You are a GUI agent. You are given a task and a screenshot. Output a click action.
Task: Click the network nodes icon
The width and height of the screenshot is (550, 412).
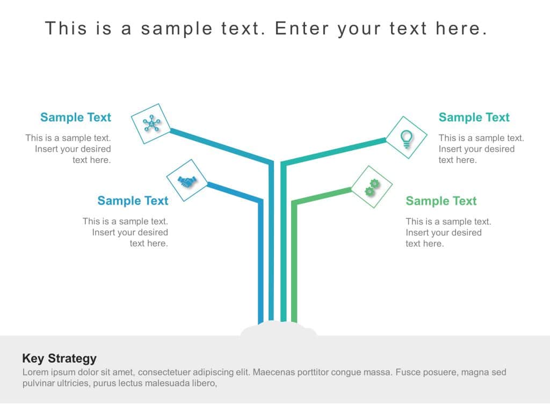tap(152, 124)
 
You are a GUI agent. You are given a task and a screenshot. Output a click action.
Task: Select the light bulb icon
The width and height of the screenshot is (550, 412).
tap(407, 138)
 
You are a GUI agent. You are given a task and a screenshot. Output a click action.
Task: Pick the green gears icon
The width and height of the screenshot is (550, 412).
tap(372, 187)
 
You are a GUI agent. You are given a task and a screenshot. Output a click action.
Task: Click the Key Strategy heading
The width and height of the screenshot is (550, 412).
tap(59, 358)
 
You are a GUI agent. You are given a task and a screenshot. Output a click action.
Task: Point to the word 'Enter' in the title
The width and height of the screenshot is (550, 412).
tap(301, 28)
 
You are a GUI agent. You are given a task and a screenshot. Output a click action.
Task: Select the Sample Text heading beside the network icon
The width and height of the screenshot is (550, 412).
tap(76, 117)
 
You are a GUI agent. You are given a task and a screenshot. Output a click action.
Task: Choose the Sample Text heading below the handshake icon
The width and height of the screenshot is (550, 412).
tap(133, 201)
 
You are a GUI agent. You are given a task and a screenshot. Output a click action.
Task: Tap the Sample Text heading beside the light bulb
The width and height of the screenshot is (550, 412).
tap(474, 117)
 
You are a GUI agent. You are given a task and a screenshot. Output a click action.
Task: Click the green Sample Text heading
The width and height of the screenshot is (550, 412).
tap(441, 201)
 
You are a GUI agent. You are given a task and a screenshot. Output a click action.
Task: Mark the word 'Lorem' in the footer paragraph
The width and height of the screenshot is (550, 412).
tap(35, 372)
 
